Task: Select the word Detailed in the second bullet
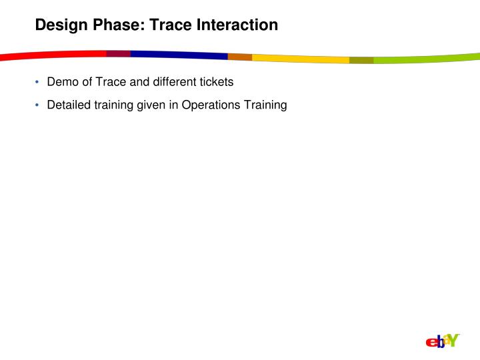click(67, 105)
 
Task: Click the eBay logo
click(442, 341)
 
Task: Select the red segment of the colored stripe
click(53, 55)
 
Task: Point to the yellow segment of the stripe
click(300, 59)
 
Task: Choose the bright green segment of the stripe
click(427, 59)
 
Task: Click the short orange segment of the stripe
click(239, 57)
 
